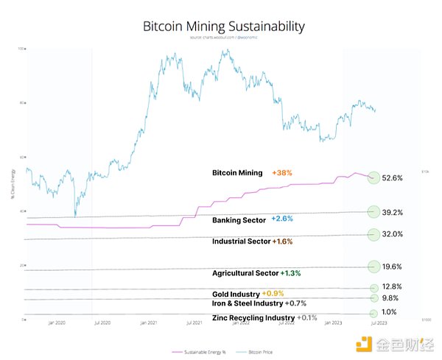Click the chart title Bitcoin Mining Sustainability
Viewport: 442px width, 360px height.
click(223, 27)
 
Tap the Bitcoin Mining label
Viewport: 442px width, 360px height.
click(236, 173)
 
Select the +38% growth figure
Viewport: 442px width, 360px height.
click(282, 173)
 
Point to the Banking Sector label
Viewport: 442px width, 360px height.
click(239, 219)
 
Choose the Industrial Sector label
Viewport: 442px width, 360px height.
click(241, 241)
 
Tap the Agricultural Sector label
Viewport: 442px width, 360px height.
click(245, 272)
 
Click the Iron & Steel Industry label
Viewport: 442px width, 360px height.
click(248, 303)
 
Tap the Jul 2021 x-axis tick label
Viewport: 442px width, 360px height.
click(194, 323)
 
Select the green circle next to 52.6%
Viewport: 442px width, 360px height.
click(373, 177)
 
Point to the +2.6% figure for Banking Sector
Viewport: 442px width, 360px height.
click(283, 219)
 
